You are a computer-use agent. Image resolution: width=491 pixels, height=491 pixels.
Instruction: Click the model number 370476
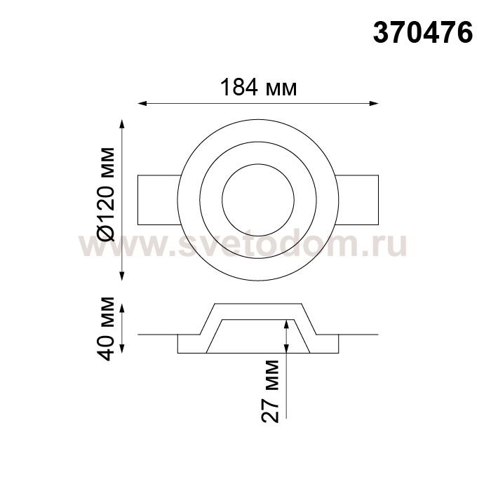[x=423, y=33]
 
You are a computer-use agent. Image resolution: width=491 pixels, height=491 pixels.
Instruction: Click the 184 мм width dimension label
[x=258, y=88]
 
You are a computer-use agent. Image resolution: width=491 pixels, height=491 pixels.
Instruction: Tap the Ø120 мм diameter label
[x=105, y=194]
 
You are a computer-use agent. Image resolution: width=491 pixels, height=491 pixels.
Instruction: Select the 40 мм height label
[x=105, y=329]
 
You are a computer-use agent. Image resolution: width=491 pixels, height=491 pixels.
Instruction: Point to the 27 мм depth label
[x=270, y=391]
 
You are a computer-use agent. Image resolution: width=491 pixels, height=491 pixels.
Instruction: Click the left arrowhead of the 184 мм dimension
[x=142, y=103]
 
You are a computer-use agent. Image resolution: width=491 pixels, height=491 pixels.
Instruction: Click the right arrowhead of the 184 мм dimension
[x=374, y=103]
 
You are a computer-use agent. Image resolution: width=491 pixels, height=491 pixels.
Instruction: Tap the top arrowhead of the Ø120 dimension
[x=122, y=124]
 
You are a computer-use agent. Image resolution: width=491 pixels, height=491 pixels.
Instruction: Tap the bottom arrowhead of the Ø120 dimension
[x=122, y=276]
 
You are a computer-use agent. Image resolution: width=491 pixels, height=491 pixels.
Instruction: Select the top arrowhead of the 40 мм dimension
[x=122, y=308]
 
